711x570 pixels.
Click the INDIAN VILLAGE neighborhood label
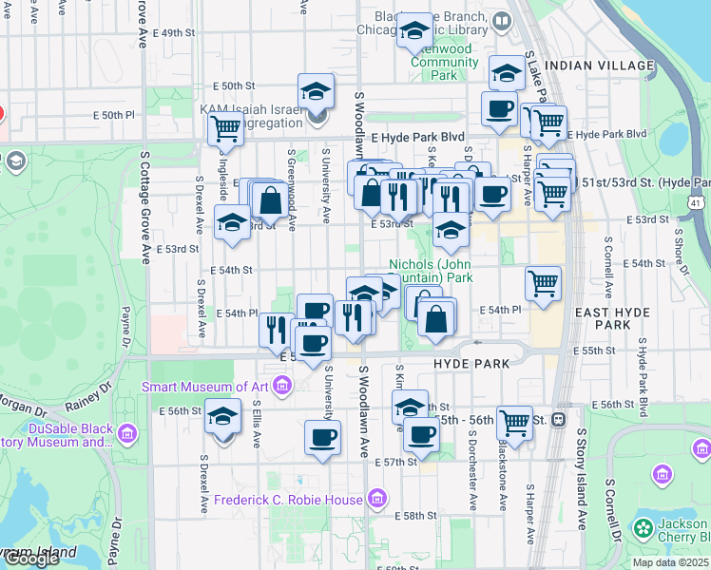click(603, 66)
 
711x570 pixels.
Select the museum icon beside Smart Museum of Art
click(282, 387)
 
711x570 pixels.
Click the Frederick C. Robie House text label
click(287, 500)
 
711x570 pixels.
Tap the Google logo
click(30, 559)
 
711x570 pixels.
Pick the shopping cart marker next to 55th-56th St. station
click(514, 422)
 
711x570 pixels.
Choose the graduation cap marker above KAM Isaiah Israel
click(317, 90)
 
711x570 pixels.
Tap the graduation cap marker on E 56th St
click(222, 418)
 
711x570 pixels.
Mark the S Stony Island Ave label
click(582, 480)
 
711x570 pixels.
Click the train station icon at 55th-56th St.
click(559, 418)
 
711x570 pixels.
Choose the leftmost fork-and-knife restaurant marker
click(277, 329)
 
